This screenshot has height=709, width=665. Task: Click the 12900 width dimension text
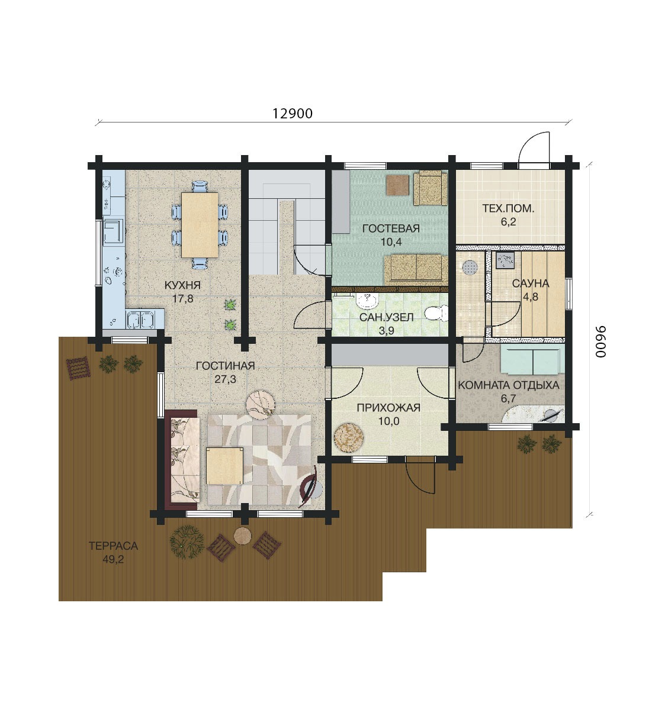(x=293, y=113)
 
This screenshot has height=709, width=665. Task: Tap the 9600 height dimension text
(x=600, y=341)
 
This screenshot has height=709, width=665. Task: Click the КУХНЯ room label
(x=182, y=285)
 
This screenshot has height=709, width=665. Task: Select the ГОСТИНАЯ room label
(x=225, y=366)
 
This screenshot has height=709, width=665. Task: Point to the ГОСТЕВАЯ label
(x=391, y=228)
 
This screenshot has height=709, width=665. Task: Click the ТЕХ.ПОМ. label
(x=508, y=208)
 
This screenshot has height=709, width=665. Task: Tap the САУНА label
(x=531, y=283)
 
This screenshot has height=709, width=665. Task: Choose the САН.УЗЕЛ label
(x=386, y=317)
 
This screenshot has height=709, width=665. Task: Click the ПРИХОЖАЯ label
(x=388, y=408)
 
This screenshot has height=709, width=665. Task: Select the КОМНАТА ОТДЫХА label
(x=509, y=385)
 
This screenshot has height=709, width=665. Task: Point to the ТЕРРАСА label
(x=113, y=546)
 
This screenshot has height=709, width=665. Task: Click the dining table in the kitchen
(x=200, y=225)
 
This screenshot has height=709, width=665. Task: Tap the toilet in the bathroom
(x=436, y=311)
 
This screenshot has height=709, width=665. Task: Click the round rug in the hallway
(x=349, y=437)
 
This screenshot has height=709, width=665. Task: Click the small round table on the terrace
(x=242, y=536)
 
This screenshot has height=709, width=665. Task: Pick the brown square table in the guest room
(x=397, y=185)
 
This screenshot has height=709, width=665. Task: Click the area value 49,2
(x=113, y=559)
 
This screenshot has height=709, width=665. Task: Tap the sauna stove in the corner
(x=505, y=260)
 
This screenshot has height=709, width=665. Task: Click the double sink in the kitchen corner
(x=140, y=319)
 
